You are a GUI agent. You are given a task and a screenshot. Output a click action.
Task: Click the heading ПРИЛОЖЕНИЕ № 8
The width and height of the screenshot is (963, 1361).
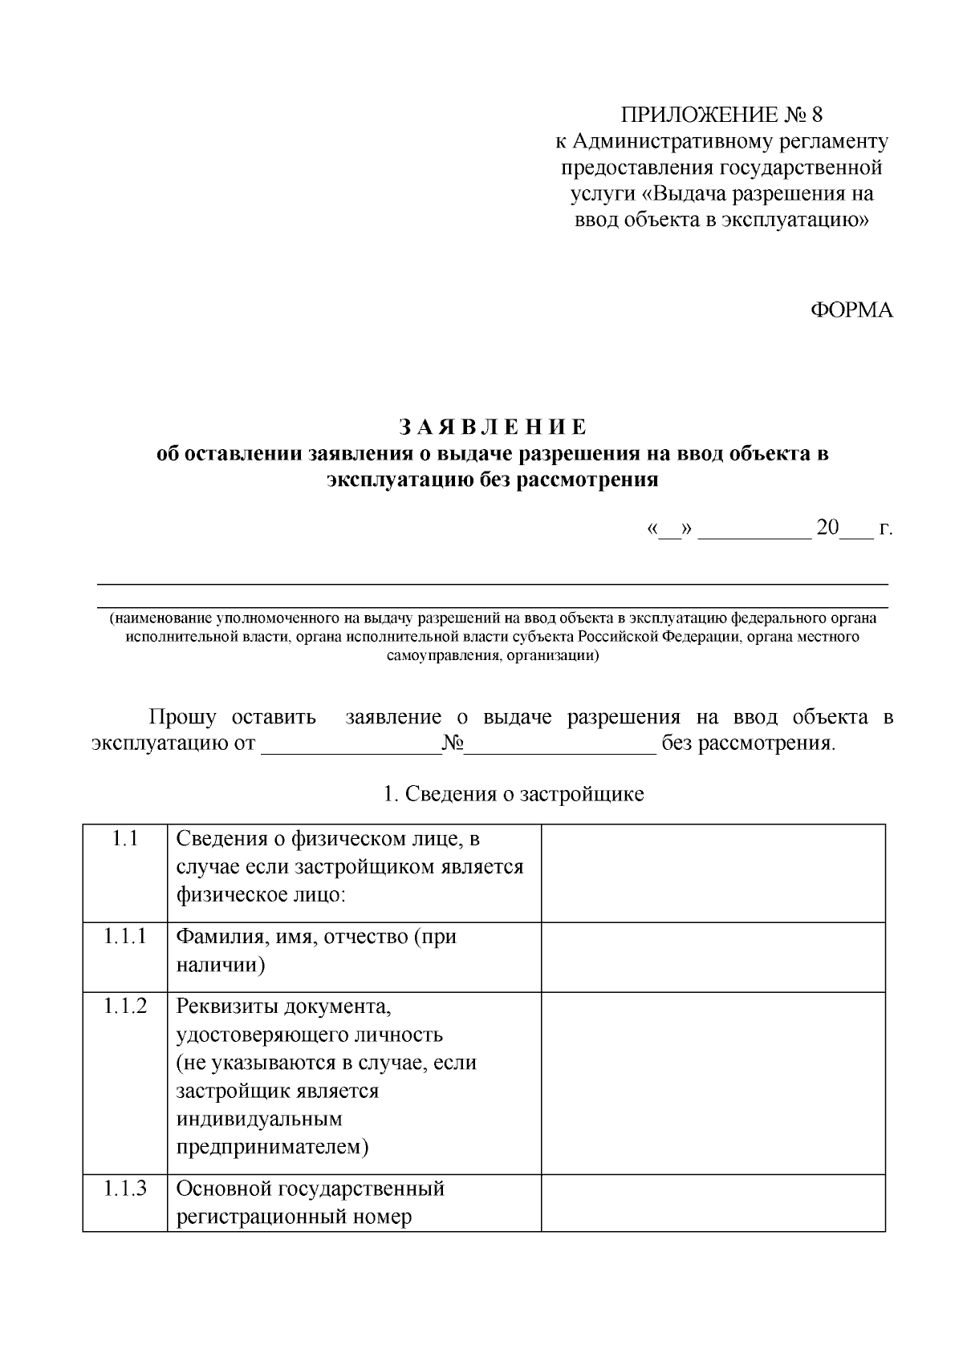point(721,115)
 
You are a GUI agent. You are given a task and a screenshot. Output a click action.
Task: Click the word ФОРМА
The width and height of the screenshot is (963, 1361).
point(851,310)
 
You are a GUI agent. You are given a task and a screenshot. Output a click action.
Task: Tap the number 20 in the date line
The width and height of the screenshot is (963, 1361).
point(827,529)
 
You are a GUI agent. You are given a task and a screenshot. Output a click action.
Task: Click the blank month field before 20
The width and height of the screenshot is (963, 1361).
point(755,532)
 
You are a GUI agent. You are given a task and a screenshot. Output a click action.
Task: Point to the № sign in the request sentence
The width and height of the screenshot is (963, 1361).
point(453,743)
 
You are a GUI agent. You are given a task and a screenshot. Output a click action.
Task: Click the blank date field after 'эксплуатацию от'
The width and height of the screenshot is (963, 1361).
point(351,746)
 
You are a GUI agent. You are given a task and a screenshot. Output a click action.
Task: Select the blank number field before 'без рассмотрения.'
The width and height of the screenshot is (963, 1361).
point(561,746)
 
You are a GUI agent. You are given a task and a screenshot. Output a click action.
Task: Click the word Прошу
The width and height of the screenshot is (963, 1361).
point(182,716)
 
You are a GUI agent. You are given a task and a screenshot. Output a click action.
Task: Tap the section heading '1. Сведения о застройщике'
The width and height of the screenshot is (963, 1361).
point(514,795)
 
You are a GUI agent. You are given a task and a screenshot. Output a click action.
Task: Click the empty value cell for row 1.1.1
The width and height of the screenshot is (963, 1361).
point(713,957)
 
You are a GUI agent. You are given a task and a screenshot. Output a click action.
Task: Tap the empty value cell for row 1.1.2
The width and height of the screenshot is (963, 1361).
point(713,1083)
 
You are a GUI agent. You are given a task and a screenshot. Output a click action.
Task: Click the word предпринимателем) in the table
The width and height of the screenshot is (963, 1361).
point(272,1148)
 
